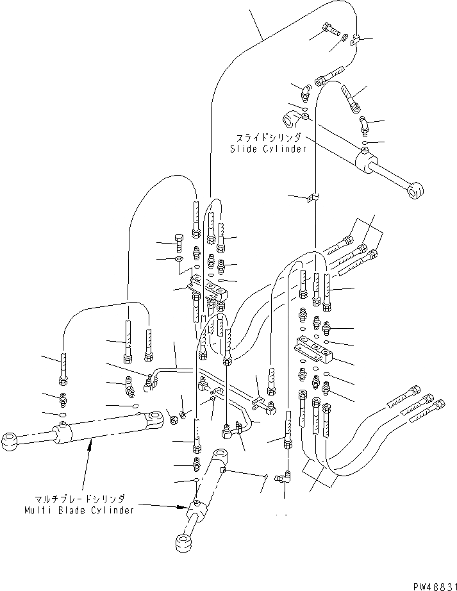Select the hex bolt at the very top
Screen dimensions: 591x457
click(x=328, y=28)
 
